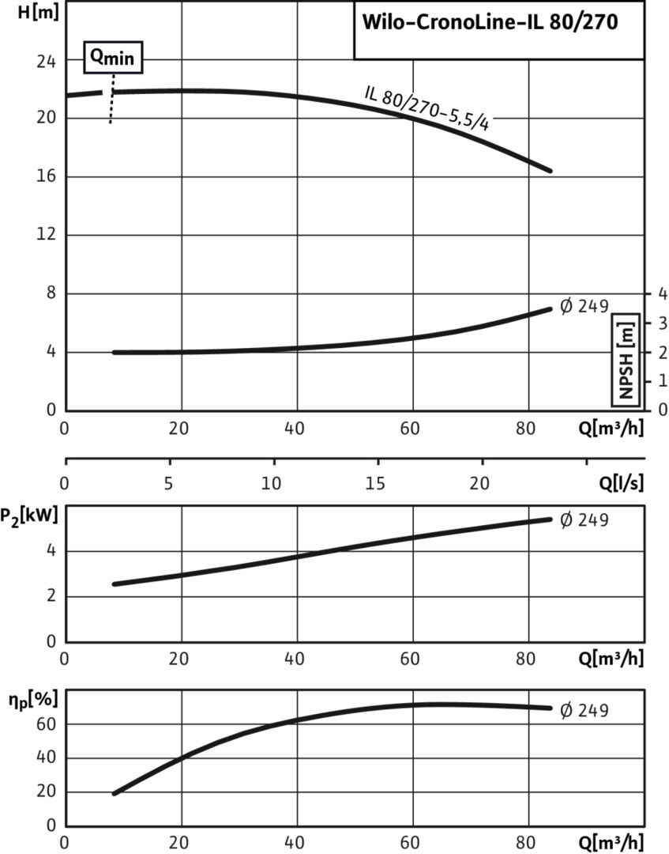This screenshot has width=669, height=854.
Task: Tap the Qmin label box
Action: (x=114, y=58)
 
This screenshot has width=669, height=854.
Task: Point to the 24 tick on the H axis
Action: (x=47, y=60)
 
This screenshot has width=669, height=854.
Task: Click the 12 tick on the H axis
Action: (x=47, y=235)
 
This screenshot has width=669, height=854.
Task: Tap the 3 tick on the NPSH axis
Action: (x=661, y=323)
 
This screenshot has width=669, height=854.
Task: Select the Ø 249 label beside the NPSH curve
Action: (x=584, y=306)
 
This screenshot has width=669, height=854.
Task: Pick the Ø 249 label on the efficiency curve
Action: (x=584, y=709)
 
